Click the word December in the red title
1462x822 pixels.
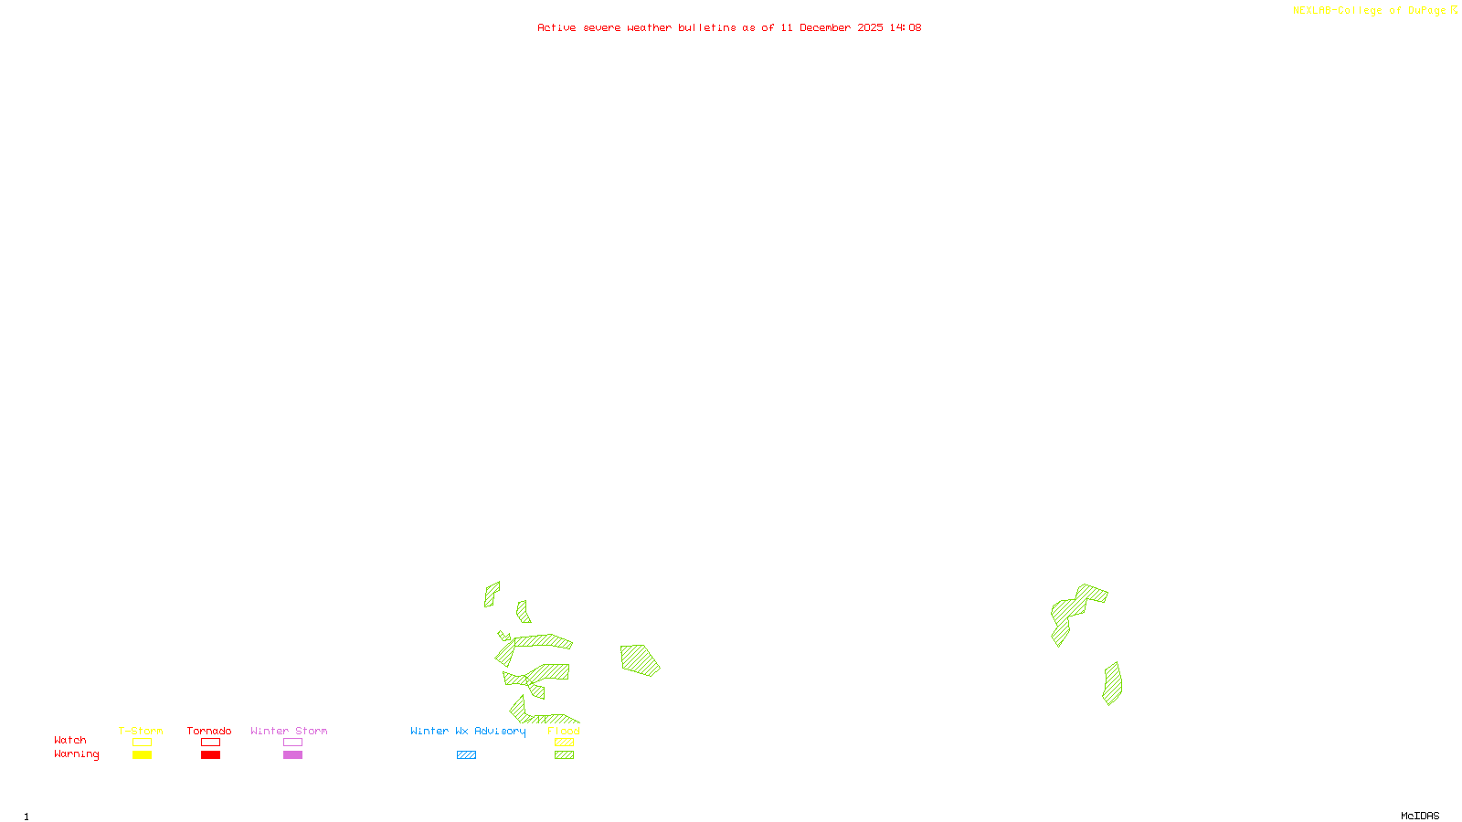click(x=825, y=28)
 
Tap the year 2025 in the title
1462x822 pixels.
click(x=870, y=28)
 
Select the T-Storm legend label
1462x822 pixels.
click(x=141, y=731)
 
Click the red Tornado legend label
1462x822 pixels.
click(x=209, y=731)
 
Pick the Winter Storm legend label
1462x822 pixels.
click(x=289, y=731)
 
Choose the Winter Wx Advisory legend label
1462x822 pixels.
click(x=468, y=731)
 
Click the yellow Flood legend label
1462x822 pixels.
click(x=564, y=731)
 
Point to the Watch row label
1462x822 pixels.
click(x=70, y=741)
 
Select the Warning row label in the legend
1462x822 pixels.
click(x=76, y=754)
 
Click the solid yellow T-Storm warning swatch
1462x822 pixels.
click(x=142, y=755)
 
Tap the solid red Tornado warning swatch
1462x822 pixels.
click(x=210, y=755)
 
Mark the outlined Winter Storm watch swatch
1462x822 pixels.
click(x=292, y=743)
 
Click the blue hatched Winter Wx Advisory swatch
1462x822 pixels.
click(x=466, y=755)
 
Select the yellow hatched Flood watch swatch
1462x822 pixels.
click(x=564, y=743)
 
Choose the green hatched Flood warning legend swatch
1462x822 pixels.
click(x=564, y=755)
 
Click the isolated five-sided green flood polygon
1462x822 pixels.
click(x=640, y=659)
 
